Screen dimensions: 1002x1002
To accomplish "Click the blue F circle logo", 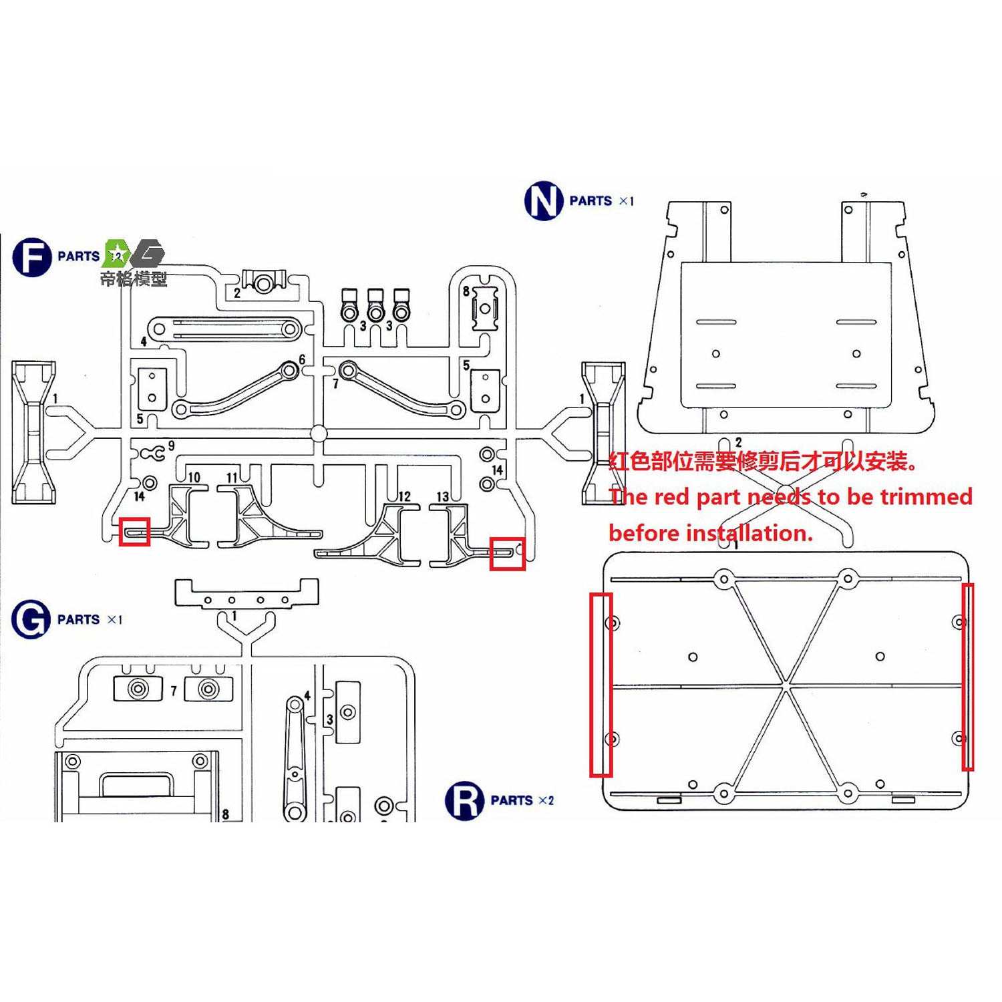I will click(x=31, y=257).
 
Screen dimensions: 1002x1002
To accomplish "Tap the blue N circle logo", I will click(x=544, y=201).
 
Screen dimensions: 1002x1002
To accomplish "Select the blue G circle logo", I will click(x=31, y=619).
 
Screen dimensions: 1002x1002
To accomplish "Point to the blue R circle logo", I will click(x=464, y=800).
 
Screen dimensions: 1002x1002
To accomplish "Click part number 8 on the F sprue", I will click(x=466, y=291).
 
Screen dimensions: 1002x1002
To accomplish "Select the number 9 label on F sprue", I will click(x=172, y=446).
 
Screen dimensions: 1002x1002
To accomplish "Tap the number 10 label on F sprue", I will click(x=194, y=477).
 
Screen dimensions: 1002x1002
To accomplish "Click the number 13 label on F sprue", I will click(x=443, y=496).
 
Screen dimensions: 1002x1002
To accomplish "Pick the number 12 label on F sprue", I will click(x=404, y=496).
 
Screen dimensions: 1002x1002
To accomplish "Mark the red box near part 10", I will click(x=134, y=532).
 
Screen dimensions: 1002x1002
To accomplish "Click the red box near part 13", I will click(x=507, y=554).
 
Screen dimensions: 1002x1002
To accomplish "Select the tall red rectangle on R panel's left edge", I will click(x=601, y=685).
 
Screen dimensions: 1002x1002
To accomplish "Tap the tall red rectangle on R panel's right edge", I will click(x=967, y=677).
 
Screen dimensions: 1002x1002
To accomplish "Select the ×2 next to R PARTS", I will click(x=546, y=800).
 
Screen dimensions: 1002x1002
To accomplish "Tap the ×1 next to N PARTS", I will click(x=626, y=201).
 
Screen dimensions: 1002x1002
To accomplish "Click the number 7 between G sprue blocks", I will click(x=174, y=690).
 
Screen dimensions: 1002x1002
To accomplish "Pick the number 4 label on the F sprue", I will click(x=144, y=341).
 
